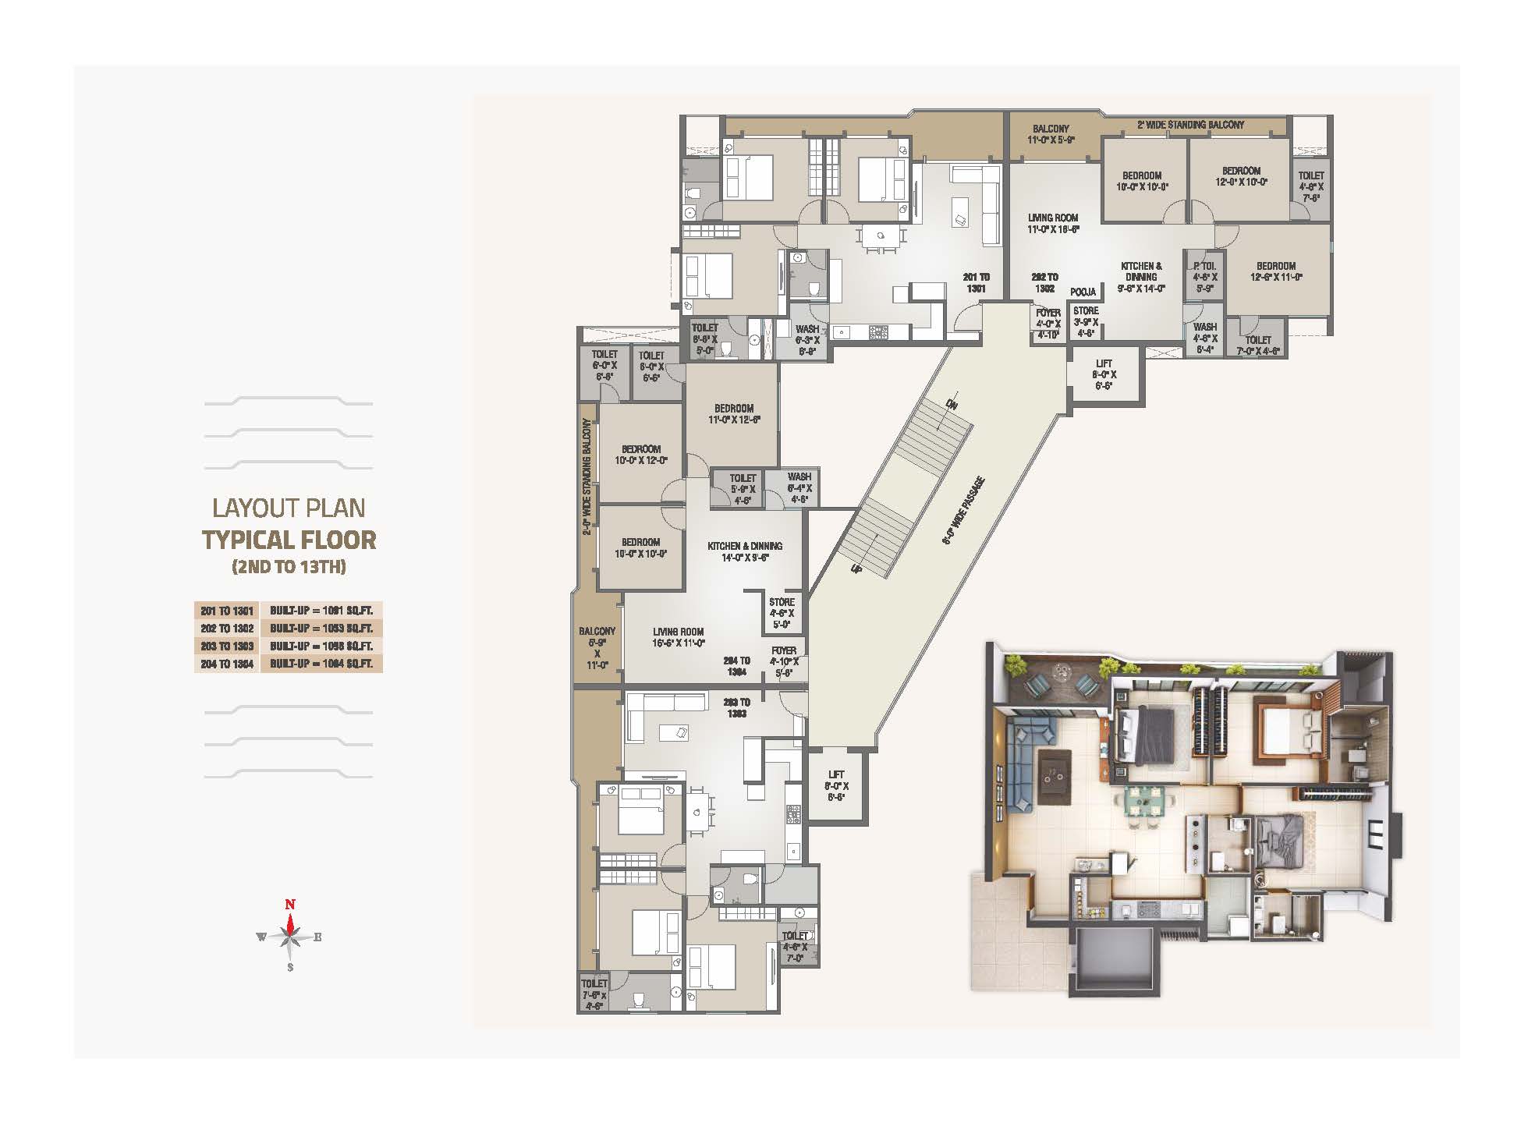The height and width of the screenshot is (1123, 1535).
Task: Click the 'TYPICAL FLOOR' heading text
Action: coord(289,540)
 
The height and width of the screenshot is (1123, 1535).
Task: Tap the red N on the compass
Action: coord(290,905)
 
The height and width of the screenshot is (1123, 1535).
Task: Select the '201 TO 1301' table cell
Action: coord(226,611)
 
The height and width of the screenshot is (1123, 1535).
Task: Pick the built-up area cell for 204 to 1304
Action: coord(321,664)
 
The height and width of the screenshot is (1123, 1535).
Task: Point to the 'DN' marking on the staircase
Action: coord(951,404)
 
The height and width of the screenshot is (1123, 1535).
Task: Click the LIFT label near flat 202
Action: coord(1104,374)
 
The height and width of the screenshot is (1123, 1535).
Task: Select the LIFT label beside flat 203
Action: coord(836,786)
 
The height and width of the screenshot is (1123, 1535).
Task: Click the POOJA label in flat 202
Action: coord(1083,292)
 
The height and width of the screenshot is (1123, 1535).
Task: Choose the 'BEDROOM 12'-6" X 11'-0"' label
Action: coord(1275,271)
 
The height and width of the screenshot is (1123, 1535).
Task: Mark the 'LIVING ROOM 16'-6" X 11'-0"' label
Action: coord(679,637)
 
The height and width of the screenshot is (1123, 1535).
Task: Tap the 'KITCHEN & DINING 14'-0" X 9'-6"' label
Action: coord(745,551)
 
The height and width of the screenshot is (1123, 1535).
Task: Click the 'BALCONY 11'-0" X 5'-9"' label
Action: coord(1051,134)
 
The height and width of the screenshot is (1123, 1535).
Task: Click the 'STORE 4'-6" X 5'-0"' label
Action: coord(782,613)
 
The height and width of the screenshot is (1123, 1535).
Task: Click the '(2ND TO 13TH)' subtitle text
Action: coord(289,567)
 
